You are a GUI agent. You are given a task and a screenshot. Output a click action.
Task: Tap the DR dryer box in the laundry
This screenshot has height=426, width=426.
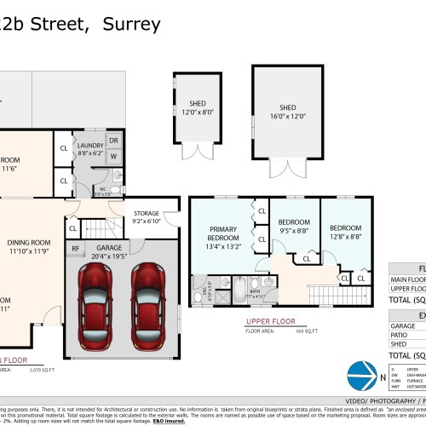[x=114, y=141]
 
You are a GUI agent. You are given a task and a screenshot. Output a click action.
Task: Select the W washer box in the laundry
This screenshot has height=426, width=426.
[x=114, y=157]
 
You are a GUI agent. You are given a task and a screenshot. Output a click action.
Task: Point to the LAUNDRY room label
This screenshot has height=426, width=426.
[x=89, y=146]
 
